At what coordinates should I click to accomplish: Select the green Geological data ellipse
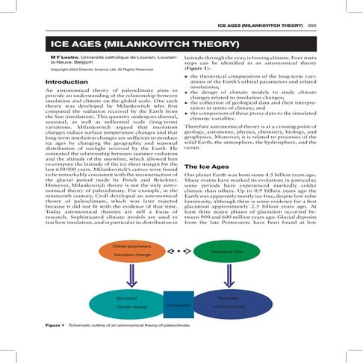pyautogui.click(x=227, y=252)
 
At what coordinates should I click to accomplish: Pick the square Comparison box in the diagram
pyautogui.click(x=179, y=305)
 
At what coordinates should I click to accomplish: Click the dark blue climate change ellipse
pyautogui.click(x=227, y=302)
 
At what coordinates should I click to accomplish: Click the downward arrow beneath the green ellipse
pyautogui.click(x=227, y=276)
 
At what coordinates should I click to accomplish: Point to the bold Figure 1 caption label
pyautogui.click(x=55, y=327)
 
